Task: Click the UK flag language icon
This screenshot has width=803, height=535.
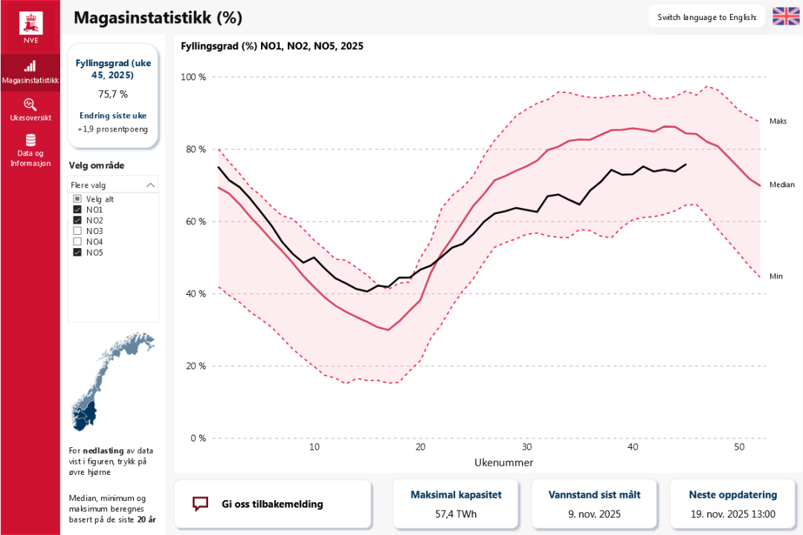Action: point(786,16)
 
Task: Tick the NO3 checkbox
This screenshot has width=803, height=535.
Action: point(77,231)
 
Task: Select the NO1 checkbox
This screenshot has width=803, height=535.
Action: point(77,210)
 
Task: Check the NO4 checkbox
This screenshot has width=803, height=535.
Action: point(77,241)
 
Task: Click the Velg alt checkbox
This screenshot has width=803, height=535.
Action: point(77,199)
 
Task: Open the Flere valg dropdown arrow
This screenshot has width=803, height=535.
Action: point(151,185)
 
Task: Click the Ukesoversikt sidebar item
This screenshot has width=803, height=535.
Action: point(30,109)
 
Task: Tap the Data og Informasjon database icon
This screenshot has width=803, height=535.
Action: point(30,140)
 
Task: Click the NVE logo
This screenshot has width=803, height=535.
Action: point(30,27)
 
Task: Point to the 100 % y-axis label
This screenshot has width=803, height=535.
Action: point(193,77)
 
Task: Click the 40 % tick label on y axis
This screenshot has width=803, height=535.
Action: point(196,294)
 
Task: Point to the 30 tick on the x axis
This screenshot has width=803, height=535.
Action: point(526,447)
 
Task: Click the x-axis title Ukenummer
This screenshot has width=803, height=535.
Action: point(503,462)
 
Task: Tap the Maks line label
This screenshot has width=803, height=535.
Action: point(778,121)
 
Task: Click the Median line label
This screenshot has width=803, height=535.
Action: point(781,185)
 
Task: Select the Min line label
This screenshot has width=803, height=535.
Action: point(776,276)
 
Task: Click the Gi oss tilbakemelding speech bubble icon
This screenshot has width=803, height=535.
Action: point(200,504)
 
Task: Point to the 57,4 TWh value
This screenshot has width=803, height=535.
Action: point(456,513)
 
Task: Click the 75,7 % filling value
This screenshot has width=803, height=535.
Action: point(113,94)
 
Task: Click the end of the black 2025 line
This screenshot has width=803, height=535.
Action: point(686,164)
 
